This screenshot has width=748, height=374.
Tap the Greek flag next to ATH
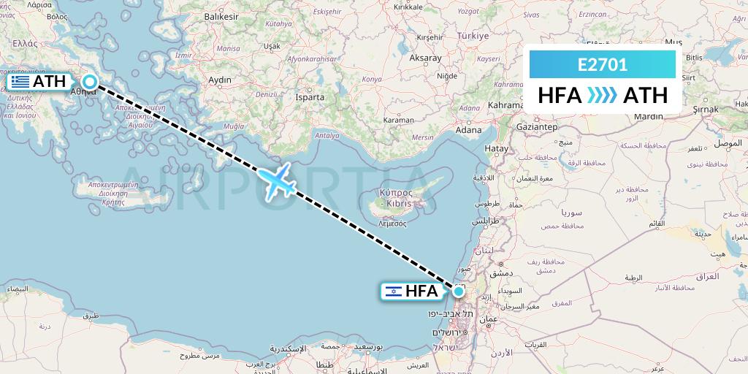click(x=20, y=82)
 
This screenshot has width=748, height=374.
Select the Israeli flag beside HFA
click(x=394, y=291)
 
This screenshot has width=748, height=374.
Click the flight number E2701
click(x=602, y=64)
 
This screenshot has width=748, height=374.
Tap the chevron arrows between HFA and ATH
click(x=602, y=96)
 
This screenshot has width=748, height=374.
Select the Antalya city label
click(x=325, y=134)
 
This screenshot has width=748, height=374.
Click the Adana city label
click(x=468, y=130)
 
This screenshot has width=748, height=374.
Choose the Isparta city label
click(x=310, y=96)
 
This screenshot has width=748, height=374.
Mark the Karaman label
click(x=399, y=119)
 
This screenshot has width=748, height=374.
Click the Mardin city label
click(x=649, y=115)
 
